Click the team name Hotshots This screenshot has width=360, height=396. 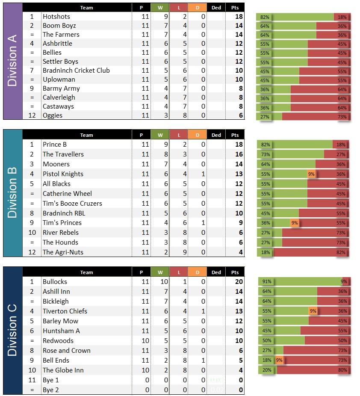pos(56,17)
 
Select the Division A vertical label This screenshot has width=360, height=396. pos(12,61)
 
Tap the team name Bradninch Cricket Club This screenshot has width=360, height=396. pos(76,71)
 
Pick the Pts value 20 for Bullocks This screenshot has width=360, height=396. pos(239,282)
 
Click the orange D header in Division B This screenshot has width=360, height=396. pos(197,135)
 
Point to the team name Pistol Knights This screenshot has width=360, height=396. pos(63,174)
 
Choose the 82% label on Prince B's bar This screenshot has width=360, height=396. pos(265,145)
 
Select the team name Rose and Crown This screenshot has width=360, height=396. pos(66,351)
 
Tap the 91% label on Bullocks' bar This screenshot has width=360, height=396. pos(266,282)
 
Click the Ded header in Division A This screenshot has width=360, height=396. pos(216,8)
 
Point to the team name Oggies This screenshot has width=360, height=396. pos(53,115)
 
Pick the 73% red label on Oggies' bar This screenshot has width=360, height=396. pos(342,117)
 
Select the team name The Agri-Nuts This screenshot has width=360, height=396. pos(63,252)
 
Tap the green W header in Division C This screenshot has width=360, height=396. pos(160,272)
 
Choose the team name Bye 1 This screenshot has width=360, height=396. pos(51,380)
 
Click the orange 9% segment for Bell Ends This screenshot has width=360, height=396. pos(279,361)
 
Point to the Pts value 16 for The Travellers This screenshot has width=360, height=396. pos(239,154)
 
